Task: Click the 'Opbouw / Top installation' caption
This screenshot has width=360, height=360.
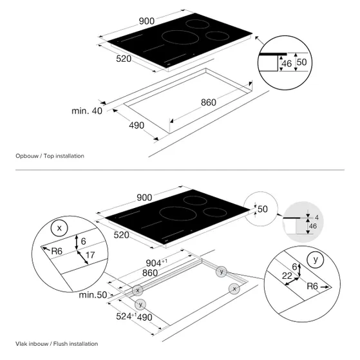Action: (50, 156)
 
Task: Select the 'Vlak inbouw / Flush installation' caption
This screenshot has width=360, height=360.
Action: (57, 344)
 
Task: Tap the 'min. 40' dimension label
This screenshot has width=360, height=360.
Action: (87, 111)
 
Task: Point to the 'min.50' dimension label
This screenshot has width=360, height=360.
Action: (93, 295)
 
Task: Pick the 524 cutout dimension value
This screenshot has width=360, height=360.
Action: (124, 316)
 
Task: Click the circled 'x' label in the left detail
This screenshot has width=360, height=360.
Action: (59, 228)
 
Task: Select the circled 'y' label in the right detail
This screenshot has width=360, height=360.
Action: (315, 260)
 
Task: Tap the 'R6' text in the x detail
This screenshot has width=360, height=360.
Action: (57, 251)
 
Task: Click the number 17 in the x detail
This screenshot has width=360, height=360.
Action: (90, 255)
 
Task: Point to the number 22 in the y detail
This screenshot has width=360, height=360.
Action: (287, 276)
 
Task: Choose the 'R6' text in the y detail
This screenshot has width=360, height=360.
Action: (312, 287)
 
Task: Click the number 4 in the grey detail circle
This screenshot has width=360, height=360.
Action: (317, 217)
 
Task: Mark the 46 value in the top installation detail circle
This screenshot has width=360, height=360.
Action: (287, 64)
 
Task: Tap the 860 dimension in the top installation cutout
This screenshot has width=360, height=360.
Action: (209, 102)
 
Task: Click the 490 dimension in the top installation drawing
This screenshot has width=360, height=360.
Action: (137, 126)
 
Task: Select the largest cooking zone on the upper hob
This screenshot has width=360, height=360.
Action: (180, 37)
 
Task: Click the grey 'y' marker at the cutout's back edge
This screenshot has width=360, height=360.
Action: (222, 272)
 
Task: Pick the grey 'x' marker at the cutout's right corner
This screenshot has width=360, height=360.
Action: (234, 289)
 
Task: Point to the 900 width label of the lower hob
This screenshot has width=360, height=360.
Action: (144, 198)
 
